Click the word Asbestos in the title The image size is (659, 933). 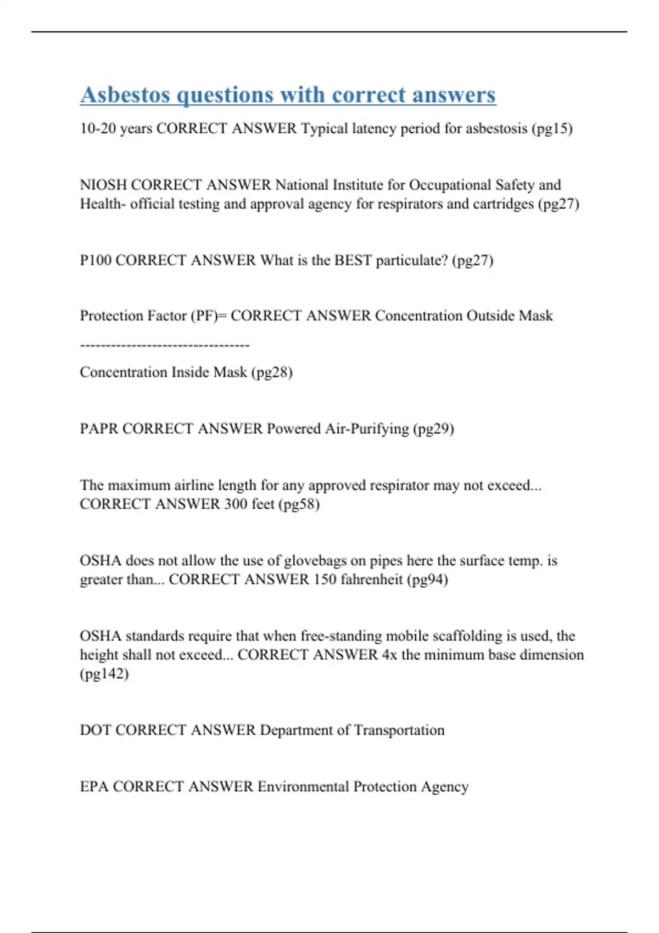(x=125, y=94)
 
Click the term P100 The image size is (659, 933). (x=96, y=260)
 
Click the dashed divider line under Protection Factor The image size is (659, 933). (x=165, y=345)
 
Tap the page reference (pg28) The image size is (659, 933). (x=272, y=373)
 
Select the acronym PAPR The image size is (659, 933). (x=99, y=429)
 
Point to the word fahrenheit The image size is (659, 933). (x=372, y=580)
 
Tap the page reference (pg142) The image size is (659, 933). (x=104, y=673)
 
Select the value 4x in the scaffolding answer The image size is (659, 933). (x=389, y=655)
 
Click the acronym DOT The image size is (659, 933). (x=96, y=730)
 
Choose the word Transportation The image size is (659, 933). (x=399, y=730)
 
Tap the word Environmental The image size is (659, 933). (x=303, y=786)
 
